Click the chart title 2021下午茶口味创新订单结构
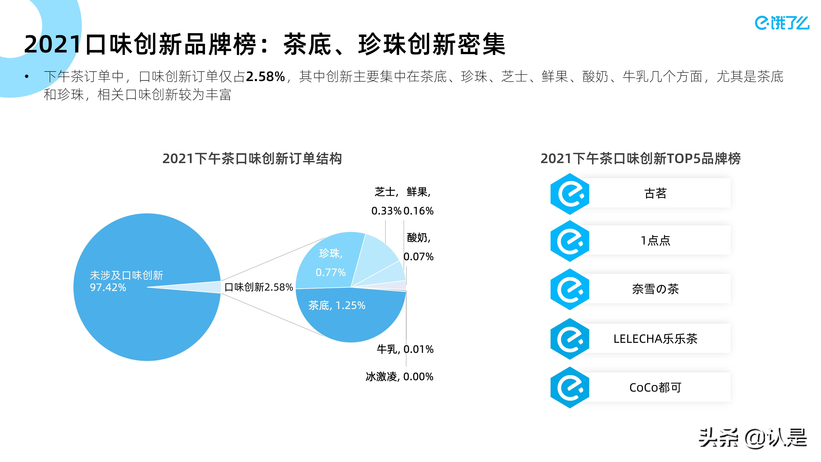tap(252, 158)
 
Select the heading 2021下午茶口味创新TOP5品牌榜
tap(640, 158)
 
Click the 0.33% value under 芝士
tap(386, 211)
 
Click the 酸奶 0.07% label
tap(418, 247)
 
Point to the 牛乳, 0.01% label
tap(405, 349)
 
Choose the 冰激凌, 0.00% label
tap(399, 377)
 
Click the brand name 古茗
tap(655, 193)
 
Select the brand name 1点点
tap(655, 240)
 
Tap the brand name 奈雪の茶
tap(655, 289)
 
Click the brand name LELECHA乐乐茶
tap(655, 339)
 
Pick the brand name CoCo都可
tap(655, 387)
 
